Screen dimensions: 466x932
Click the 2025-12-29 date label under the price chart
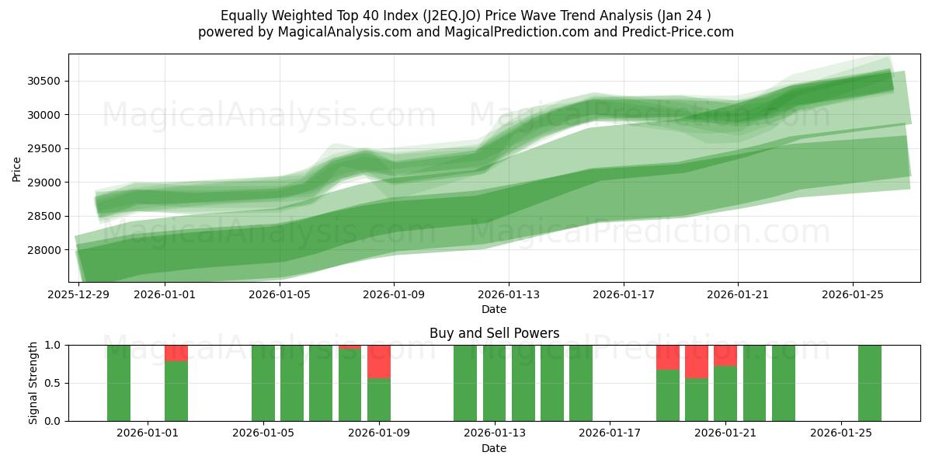coord(78,294)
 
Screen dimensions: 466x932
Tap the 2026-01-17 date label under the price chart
coord(623,294)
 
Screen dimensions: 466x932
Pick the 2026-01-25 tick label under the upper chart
coord(853,294)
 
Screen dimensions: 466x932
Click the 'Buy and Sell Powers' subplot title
coord(494,333)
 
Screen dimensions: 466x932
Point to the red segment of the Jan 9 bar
coord(379,361)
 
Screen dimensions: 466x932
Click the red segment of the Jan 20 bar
coord(697,361)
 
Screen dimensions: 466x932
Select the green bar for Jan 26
coord(870,383)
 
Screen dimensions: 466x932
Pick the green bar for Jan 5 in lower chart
coord(263,383)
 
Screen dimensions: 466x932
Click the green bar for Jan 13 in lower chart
coord(494,383)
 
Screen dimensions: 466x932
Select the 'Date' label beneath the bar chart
coord(494,448)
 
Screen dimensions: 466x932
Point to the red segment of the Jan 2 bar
coord(176,353)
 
